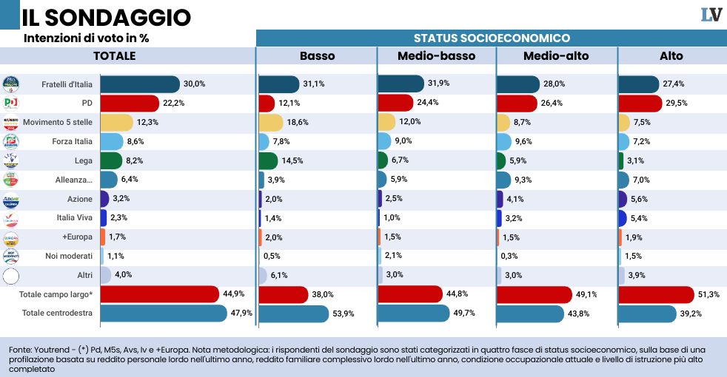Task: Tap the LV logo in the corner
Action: click(711, 15)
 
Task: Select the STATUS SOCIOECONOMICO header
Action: click(491, 38)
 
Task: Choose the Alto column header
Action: click(671, 56)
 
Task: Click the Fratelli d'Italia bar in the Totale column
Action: click(140, 84)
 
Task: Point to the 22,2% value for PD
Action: click(173, 103)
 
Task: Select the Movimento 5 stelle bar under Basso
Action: click(271, 122)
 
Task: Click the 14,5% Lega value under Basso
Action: click(292, 160)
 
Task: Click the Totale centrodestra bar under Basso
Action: click(293, 313)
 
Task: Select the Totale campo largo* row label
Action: click(56, 294)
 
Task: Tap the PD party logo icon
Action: click(11, 103)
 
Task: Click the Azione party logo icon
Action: click(11, 199)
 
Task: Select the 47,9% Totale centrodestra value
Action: click(242, 313)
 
